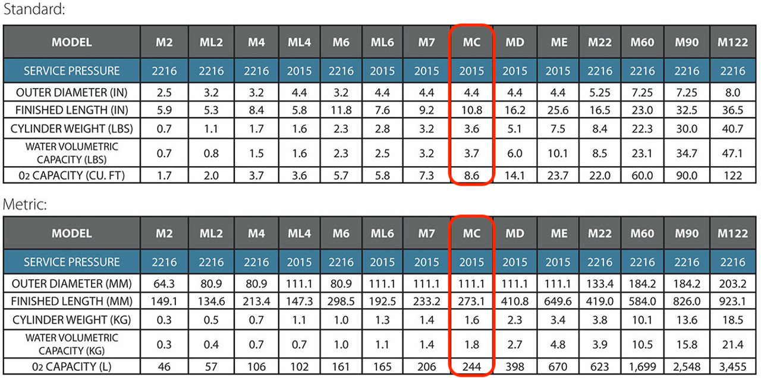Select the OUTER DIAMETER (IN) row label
tap(71, 93)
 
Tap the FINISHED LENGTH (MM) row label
tap(71, 301)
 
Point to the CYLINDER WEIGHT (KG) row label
tap(71, 320)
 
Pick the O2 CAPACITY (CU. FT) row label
tap(71, 175)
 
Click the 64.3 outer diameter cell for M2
tap(164, 283)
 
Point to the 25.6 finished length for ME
tap(558, 110)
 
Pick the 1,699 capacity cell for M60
tap(642, 365)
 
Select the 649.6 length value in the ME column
tap(558, 301)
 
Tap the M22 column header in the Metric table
tap(600, 233)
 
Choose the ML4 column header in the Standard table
tap(298, 42)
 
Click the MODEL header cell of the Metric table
tap(71, 233)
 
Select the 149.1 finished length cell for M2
tap(164, 301)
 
